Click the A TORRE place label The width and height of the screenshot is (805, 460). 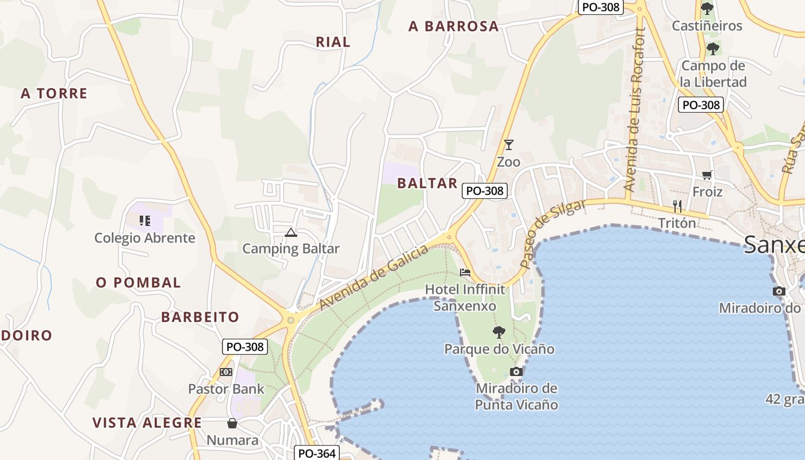(54, 93)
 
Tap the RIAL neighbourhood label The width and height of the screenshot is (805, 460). (333, 42)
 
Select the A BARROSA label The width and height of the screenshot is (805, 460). (454, 26)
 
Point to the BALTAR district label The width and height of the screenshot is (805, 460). (427, 183)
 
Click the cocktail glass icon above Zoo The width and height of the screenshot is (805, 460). (508, 145)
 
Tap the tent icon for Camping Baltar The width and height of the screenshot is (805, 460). (291, 233)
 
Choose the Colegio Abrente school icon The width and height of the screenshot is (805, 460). (144, 221)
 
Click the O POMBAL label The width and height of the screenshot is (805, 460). (138, 283)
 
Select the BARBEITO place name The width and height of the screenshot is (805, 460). (200, 317)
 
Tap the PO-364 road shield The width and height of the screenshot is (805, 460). (317, 453)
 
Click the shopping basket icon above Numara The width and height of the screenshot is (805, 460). (232, 424)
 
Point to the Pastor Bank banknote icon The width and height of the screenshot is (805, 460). (226, 372)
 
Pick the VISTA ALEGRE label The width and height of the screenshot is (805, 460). (147, 423)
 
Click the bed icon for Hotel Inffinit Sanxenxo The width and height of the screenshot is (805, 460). (465, 272)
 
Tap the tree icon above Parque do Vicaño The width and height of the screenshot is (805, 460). (499, 332)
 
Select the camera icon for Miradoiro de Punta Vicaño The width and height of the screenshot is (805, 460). (516, 371)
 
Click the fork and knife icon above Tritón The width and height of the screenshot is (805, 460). (677, 206)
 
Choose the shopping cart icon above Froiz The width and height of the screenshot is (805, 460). (707, 175)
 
